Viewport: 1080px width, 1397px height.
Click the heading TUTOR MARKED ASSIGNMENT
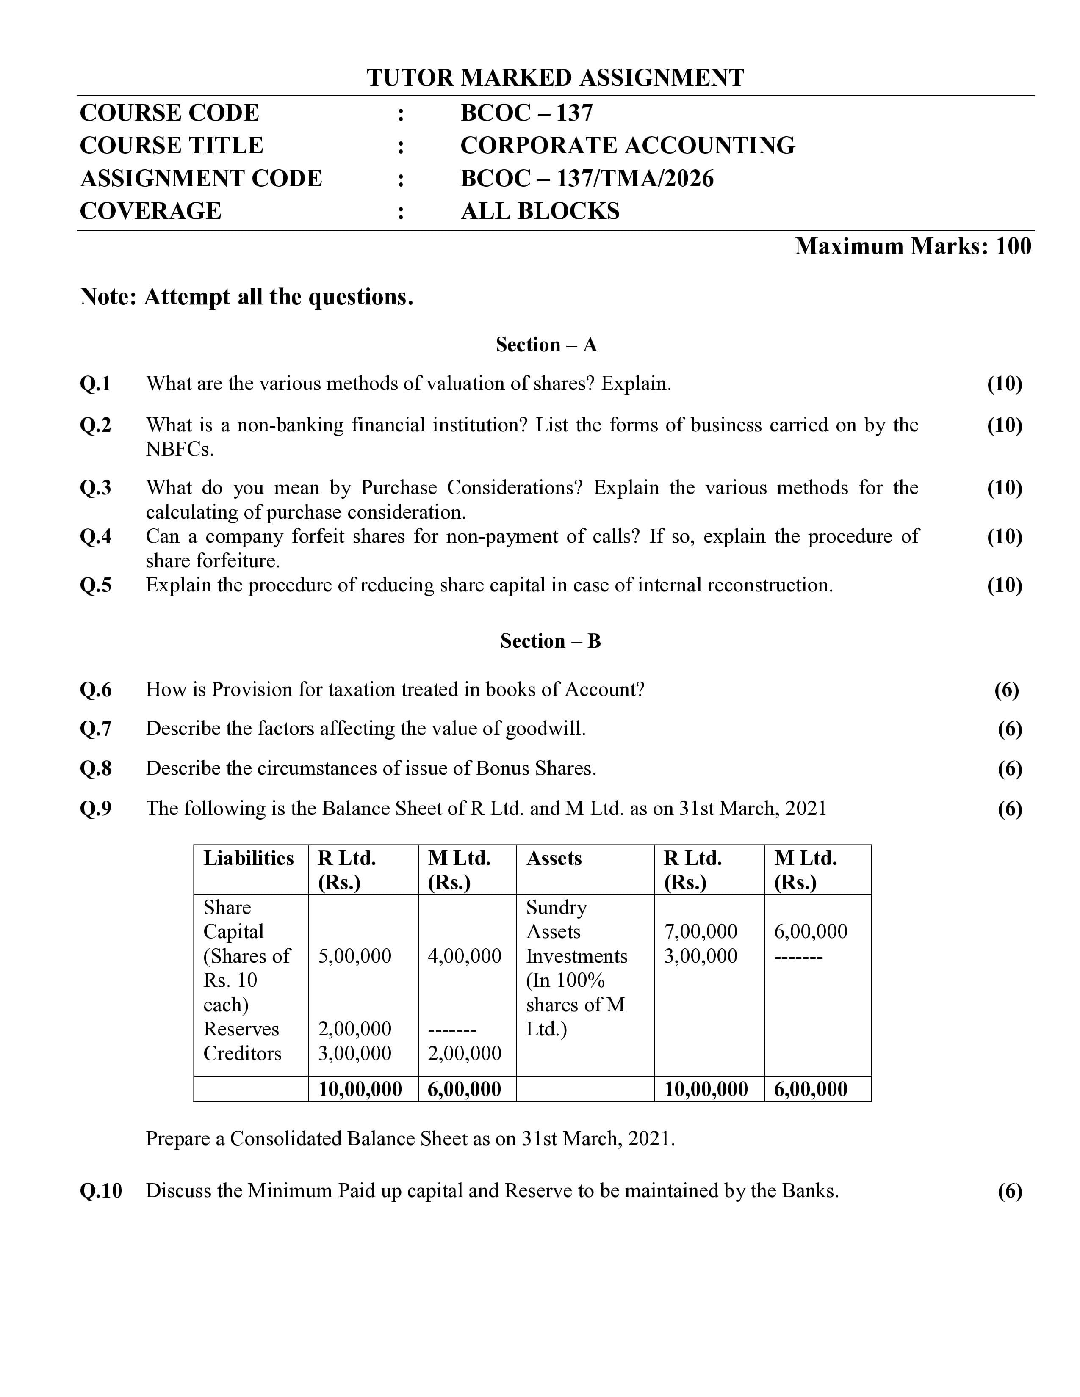(x=555, y=78)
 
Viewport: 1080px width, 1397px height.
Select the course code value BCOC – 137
(x=526, y=113)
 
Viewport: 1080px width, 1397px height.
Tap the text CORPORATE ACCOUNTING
(x=627, y=146)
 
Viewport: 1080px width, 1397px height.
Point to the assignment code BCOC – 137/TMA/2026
(x=587, y=179)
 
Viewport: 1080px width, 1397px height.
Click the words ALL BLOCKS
(x=540, y=211)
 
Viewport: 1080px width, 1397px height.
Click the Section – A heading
(x=546, y=345)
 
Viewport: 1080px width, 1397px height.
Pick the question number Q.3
(x=95, y=488)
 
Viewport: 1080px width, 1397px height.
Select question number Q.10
(x=100, y=1191)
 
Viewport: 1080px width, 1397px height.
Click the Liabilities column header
(x=248, y=859)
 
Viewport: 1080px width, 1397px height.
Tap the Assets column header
(x=554, y=859)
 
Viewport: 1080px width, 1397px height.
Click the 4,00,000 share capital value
(x=464, y=956)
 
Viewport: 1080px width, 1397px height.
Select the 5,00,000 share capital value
(x=354, y=956)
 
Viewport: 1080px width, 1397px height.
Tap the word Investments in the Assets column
(x=576, y=956)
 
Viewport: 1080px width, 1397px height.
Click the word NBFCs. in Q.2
(x=179, y=450)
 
